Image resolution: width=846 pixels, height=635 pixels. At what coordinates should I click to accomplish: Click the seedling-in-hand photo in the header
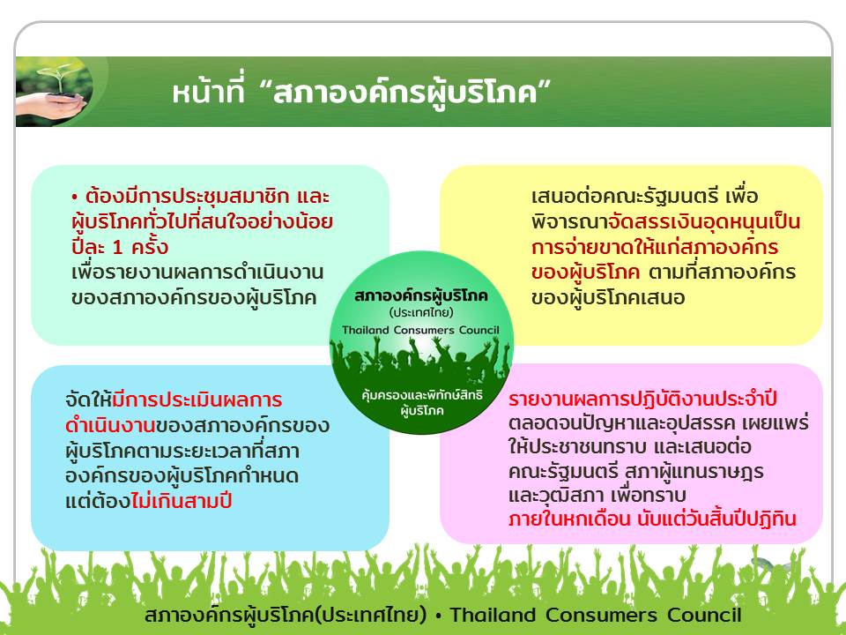54,92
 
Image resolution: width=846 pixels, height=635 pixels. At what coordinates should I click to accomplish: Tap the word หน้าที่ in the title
209,91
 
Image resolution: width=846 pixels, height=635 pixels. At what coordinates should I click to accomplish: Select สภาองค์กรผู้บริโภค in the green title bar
405,93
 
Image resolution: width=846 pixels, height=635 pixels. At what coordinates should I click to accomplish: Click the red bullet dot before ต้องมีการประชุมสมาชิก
75,198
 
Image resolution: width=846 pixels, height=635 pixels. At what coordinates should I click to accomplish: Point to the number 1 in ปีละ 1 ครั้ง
117,248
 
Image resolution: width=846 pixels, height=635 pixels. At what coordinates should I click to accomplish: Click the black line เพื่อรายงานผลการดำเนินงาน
197,272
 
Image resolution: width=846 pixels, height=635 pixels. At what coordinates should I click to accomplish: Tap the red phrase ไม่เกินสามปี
182,501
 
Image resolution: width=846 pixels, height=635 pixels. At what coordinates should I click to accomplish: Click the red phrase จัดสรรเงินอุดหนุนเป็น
703,222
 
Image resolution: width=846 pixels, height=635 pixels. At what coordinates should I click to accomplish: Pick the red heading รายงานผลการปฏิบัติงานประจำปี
642,399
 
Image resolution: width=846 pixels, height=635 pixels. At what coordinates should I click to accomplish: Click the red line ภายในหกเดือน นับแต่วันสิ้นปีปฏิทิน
652,519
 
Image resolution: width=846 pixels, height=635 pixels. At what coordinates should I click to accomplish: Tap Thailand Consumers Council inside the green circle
421,330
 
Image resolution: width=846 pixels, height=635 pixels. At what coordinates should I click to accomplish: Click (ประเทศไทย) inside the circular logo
421,312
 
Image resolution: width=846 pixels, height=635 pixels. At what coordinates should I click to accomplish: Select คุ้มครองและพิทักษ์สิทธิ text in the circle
422,396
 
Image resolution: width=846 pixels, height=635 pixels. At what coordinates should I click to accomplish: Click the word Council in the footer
704,615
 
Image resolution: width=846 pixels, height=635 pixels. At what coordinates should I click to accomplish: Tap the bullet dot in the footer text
439,615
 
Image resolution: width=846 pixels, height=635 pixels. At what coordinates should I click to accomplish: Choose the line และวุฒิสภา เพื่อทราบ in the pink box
597,495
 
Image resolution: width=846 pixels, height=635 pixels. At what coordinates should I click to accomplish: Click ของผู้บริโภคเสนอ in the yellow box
608,297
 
